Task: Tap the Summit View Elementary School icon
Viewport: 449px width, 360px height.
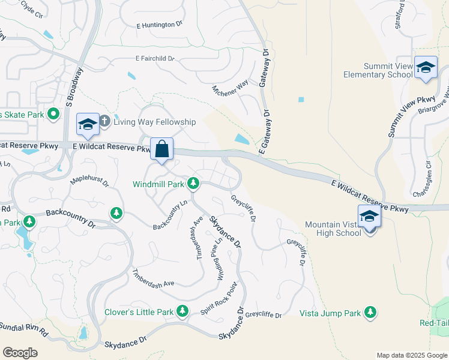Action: pos(426,68)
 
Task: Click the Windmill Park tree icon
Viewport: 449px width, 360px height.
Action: pos(193,182)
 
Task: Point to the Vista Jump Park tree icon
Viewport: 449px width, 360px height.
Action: pos(371,311)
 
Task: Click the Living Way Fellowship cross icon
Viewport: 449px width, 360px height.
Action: pos(104,121)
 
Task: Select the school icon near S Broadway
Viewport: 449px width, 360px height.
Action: pos(88,124)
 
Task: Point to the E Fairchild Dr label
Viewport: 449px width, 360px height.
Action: pos(155,59)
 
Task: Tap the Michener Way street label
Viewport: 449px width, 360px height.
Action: pos(230,88)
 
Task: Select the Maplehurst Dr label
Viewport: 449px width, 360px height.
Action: pos(89,179)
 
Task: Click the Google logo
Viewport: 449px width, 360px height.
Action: pos(20,353)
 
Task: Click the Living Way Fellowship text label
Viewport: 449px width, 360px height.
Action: pos(155,122)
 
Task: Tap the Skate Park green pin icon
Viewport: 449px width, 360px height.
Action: pos(53,113)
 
